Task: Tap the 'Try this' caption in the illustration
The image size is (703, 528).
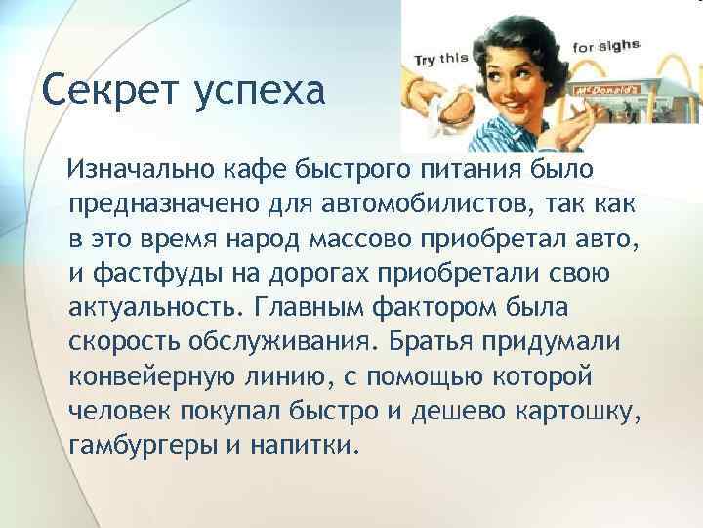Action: (x=439, y=59)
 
